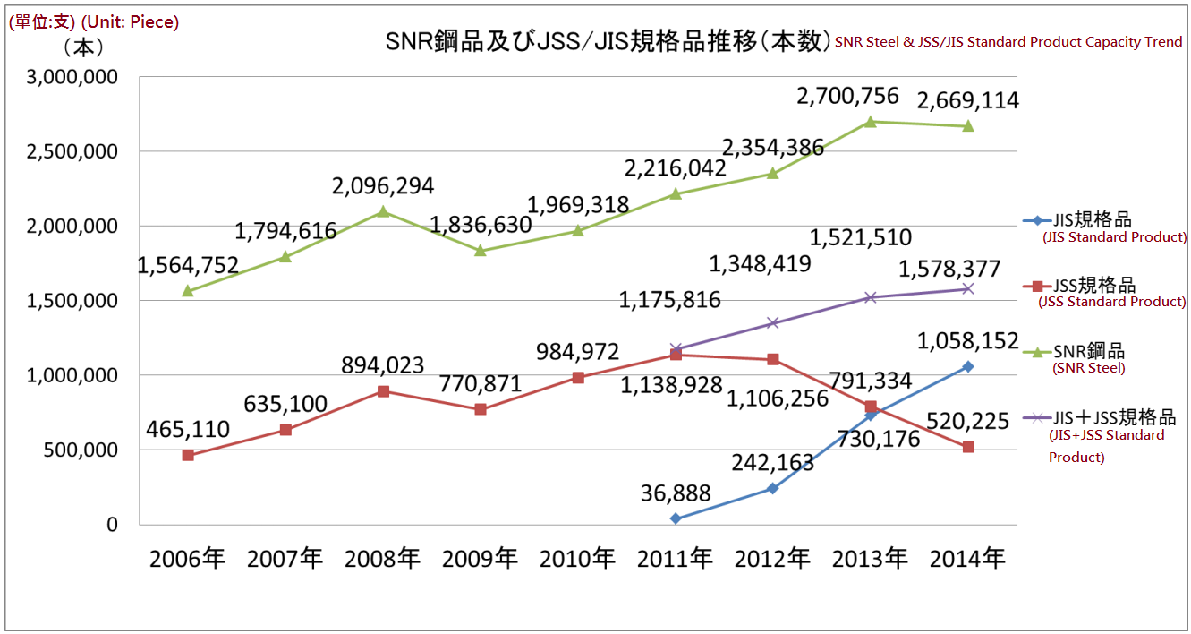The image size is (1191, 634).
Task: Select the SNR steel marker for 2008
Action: coord(383,212)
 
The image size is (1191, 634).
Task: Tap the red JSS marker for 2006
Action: coord(188,455)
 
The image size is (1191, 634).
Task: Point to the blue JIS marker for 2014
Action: coord(968,366)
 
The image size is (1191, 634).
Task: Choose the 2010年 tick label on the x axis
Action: coord(577,560)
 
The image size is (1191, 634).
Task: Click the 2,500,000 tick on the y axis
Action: coord(72,152)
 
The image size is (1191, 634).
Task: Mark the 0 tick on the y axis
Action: coord(112,525)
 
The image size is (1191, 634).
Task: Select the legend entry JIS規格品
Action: coord(1093,220)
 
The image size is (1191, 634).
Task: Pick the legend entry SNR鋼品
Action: coord(1088,352)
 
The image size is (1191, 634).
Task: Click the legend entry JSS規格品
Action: coord(1094,286)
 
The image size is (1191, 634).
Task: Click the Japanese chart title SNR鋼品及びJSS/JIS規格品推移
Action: coord(604,42)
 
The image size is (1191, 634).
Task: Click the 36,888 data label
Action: coord(676,493)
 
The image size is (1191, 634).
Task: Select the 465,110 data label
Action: coord(188,430)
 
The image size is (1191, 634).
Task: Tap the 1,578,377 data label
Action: coord(949,270)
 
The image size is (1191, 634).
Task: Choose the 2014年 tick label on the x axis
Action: coord(967,560)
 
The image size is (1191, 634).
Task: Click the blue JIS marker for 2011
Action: coord(676,518)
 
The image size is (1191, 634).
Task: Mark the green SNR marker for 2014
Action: coord(968,126)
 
